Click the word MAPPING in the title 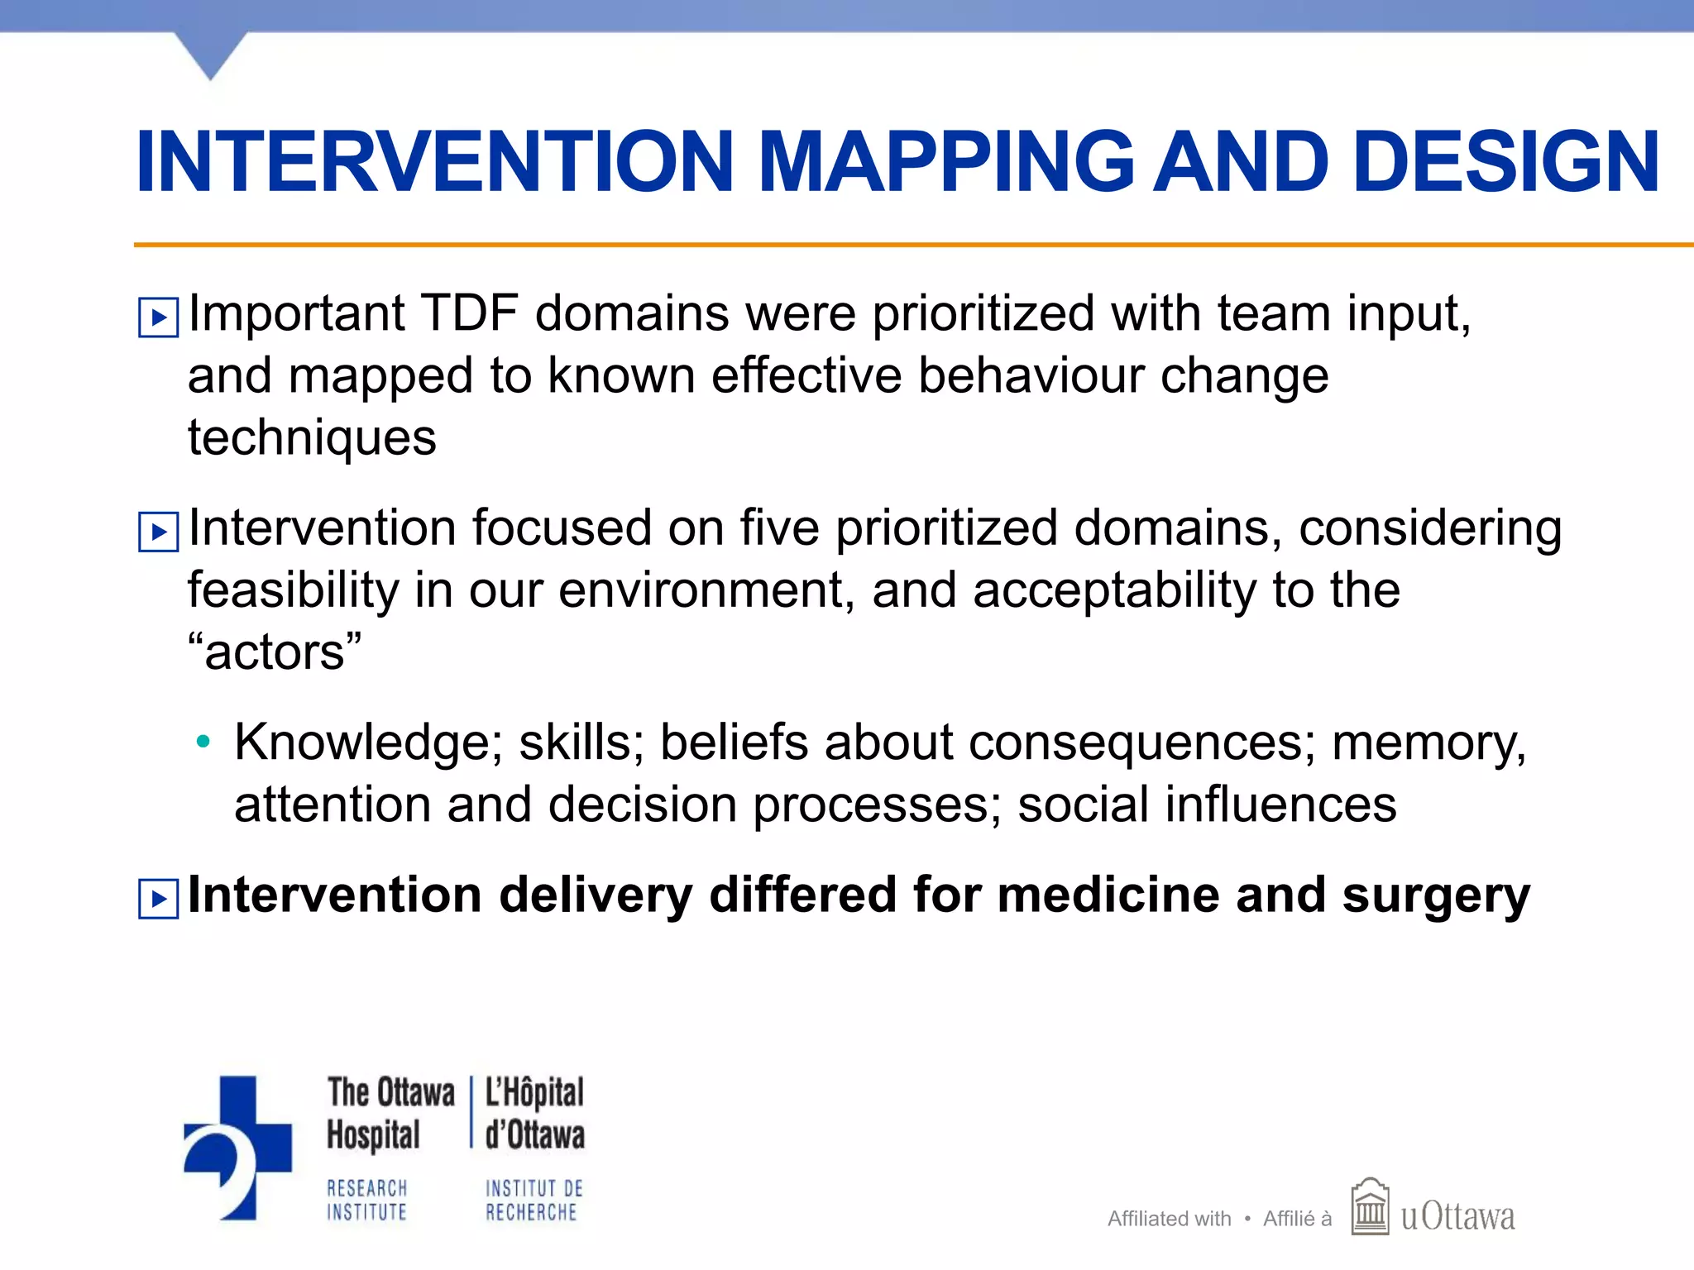(x=945, y=164)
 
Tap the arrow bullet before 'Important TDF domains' (x=158, y=317)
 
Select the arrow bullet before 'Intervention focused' (x=158, y=532)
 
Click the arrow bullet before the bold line (x=158, y=899)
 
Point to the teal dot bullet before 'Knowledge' (x=203, y=742)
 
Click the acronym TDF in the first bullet (x=469, y=314)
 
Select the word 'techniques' (x=312, y=438)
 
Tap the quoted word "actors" (x=275, y=652)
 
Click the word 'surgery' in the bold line (x=1436, y=896)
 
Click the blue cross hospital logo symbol (x=238, y=1146)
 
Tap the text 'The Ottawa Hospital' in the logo (x=390, y=1113)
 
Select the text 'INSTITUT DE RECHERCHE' (x=534, y=1200)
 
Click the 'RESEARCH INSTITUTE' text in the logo (x=367, y=1200)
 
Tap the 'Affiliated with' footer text (x=1169, y=1219)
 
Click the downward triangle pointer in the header (x=211, y=55)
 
